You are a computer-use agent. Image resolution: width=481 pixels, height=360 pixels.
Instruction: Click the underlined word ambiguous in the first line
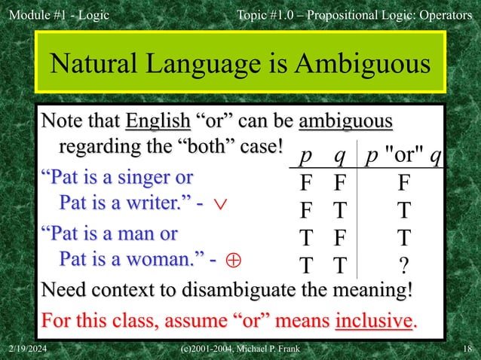point(345,122)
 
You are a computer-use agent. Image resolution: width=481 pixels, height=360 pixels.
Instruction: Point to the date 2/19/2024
point(29,351)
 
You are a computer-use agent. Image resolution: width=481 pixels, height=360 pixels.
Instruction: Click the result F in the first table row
point(404,183)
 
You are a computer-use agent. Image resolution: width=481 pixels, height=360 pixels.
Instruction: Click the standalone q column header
point(340,156)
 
